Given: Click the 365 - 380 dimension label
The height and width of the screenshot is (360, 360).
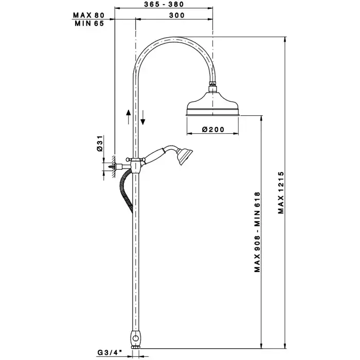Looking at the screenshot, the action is [164, 4].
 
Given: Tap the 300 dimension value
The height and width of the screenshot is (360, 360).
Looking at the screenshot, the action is [177, 15].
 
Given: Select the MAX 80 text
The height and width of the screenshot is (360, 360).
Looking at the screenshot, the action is [88, 15].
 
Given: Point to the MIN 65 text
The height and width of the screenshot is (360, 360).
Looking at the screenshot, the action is [89, 24].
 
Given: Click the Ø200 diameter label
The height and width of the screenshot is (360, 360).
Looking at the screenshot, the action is [213, 130].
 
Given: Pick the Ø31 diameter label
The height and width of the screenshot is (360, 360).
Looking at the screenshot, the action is [100, 143].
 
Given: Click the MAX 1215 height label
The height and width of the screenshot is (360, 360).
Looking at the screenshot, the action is [281, 193].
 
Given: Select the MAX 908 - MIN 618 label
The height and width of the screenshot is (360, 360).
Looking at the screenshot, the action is [257, 232].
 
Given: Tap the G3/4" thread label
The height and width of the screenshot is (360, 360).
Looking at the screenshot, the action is [110, 352].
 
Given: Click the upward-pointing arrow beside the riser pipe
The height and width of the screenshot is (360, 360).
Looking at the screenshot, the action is [129, 117].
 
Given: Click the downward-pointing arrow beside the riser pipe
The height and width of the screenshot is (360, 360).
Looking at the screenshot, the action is [143, 118].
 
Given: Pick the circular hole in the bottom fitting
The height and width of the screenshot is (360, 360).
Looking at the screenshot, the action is [136, 338].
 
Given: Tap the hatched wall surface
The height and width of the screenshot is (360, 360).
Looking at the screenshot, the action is [113, 167].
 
